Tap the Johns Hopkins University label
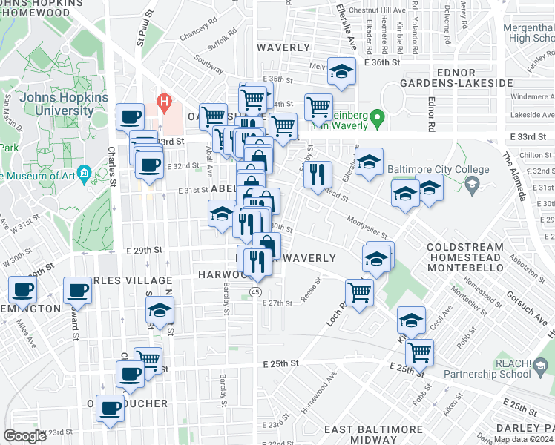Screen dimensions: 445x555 click(57, 104)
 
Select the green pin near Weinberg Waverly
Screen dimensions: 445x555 click(377, 117)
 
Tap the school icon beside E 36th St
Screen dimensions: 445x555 click(341, 72)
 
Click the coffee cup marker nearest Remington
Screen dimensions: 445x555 click(22, 289)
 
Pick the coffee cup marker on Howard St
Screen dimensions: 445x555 click(77, 291)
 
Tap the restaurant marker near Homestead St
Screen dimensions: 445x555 click(318, 174)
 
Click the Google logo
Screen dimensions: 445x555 click(24, 436)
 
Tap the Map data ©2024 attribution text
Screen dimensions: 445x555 click(523, 439)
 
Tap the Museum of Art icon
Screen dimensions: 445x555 click(84, 176)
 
